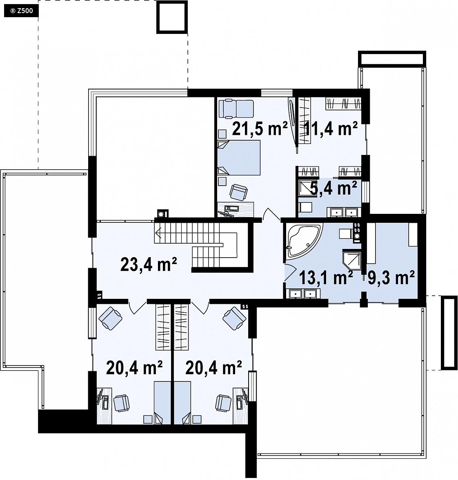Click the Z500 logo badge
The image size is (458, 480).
point(21,11)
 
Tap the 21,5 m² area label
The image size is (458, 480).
point(260,128)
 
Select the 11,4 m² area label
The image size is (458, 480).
point(331,128)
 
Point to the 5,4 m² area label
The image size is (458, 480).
point(333,188)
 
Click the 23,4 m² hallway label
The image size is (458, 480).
point(149,265)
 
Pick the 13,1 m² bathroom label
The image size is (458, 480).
point(326,278)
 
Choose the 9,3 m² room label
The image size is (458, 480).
point(391,278)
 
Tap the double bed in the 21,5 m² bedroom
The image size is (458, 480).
point(239,158)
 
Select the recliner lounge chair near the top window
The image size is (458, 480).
point(236,109)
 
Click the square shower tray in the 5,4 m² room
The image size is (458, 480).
point(307,188)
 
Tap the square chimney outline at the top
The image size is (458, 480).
point(172,17)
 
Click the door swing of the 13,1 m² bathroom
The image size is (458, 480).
point(290,272)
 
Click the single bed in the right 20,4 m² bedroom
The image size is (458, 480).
point(182,403)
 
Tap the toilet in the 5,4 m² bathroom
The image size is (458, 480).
point(305,207)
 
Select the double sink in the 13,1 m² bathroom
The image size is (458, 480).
point(303,294)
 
